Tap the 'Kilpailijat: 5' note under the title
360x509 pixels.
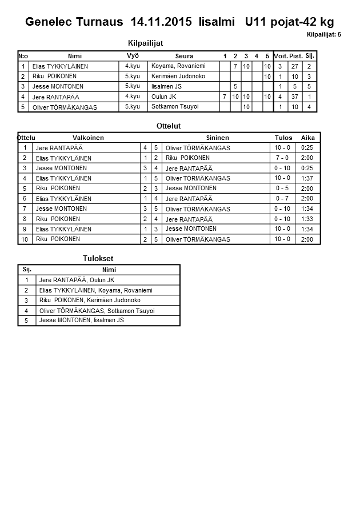[323, 35]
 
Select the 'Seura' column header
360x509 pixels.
[184, 56]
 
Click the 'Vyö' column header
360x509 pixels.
[133, 55]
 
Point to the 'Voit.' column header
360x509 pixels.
[281, 56]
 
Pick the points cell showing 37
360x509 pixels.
[296, 97]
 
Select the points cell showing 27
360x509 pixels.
[296, 66]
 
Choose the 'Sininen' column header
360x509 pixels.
[217, 138]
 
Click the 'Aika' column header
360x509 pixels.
[308, 138]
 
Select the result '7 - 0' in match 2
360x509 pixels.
[282, 158]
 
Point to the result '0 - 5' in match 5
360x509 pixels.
[282, 188]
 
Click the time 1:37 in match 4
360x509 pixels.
[307, 178]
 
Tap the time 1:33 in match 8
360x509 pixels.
[307, 219]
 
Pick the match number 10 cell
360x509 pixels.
[25, 239]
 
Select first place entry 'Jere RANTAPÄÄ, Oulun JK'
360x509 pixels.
[77, 280]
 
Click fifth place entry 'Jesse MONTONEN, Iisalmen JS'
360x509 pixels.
[81, 320]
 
